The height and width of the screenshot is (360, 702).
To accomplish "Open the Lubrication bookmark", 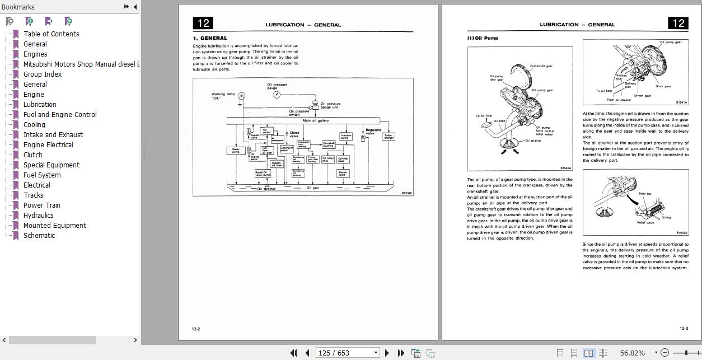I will click(40, 105).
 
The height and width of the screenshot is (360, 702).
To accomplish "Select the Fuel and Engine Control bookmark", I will click(60, 115).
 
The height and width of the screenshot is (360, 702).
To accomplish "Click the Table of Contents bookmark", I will click(51, 34).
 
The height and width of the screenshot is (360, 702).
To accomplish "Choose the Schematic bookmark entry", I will click(39, 236).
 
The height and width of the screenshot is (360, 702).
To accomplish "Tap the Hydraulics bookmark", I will click(38, 216).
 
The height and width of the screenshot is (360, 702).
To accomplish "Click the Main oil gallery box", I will click(315, 120).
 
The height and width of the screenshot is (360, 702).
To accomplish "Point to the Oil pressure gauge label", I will click(277, 86).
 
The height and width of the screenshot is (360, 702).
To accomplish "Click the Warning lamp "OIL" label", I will click(223, 96).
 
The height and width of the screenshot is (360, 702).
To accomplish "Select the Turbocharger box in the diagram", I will click(388, 136).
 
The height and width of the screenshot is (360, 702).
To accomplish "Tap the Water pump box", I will click(236, 150).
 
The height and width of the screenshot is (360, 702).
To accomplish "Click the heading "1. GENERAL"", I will click(210, 38).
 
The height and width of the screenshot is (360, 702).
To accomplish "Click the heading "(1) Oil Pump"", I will click(482, 38).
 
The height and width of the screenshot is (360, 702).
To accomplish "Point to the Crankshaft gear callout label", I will click(541, 66).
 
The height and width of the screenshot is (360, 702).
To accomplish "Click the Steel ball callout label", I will click(645, 194).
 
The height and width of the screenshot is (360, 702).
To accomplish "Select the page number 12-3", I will click(684, 329).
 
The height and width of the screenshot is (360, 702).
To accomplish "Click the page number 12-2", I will click(196, 329).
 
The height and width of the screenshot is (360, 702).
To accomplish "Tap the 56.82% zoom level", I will click(633, 353).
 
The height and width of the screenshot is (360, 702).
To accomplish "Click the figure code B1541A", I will click(681, 102).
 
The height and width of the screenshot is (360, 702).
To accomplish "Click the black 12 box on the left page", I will click(203, 23).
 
